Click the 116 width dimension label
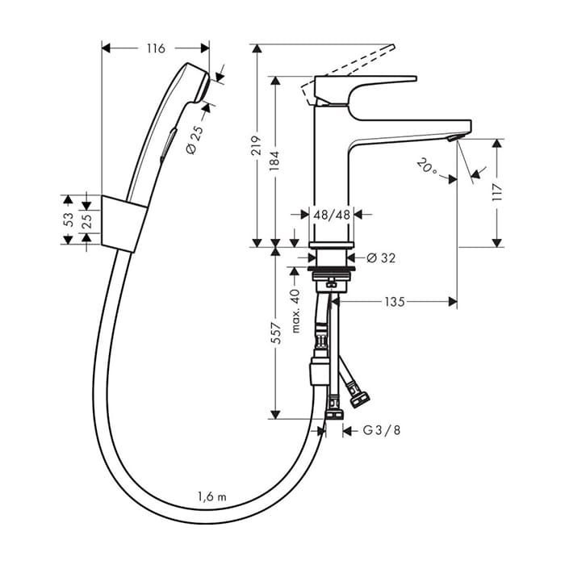[x=156, y=48]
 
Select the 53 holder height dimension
[x=69, y=220]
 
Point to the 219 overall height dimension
[x=256, y=145]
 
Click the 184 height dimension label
[x=275, y=161]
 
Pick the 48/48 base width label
[x=332, y=216]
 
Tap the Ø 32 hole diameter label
[x=381, y=258]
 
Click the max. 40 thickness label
[x=295, y=311]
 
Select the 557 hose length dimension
[x=276, y=333]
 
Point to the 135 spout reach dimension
[x=395, y=302]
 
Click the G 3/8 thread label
[x=382, y=430]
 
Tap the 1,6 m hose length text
[x=211, y=497]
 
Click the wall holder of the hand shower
[x=123, y=224]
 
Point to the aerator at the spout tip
[x=454, y=138]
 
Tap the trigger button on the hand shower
[x=169, y=143]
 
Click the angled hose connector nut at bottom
[x=361, y=400]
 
